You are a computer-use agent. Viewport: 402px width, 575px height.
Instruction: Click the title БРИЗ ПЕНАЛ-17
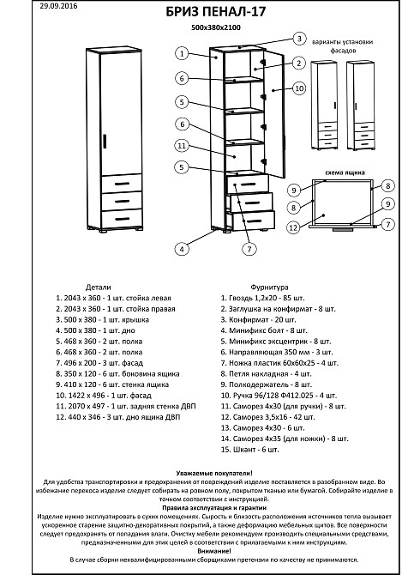(216, 12)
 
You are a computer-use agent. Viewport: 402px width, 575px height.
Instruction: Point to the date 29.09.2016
(58, 6)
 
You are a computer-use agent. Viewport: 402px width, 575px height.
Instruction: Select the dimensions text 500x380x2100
(216, 27)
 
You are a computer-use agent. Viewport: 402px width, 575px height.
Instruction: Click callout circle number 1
(182, 53)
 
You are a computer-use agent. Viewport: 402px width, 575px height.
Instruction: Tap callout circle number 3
(299, 39)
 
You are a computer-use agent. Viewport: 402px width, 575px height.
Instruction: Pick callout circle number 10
(299, 88)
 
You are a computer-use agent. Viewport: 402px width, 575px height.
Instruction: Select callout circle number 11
(182, 146)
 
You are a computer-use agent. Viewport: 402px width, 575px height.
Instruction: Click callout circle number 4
(182, 250)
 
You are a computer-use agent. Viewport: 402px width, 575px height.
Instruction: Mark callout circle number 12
(293, 227)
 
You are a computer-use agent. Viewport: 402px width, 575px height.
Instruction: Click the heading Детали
(98, 287)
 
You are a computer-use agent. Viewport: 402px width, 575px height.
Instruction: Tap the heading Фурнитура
(269, 287)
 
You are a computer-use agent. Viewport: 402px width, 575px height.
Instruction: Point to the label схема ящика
(345, 172)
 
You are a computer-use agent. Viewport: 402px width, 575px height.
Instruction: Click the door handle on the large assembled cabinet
(105, 142)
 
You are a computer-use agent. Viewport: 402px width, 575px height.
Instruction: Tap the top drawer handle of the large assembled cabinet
(122, 184)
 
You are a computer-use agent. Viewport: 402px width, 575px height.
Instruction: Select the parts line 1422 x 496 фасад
(104, 396)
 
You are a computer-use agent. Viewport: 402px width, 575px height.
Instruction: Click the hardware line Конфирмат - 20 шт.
(258, 319)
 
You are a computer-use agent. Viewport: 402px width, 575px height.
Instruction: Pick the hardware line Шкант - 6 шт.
(249, 449)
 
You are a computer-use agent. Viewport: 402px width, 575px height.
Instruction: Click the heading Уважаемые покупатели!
(214, 474)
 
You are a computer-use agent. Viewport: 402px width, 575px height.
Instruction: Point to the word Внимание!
(214, 551)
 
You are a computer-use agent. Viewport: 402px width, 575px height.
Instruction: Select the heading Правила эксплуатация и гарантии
(214, 508)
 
